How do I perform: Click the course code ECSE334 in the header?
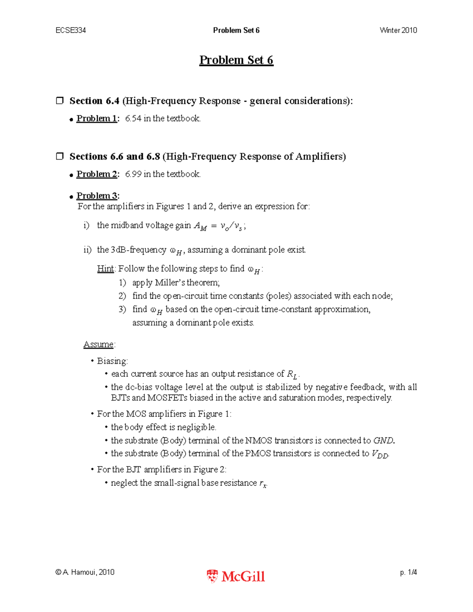point(71,30)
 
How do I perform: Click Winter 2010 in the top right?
point(398,30)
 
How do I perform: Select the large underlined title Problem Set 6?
point(236,60)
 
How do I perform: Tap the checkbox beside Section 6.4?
point(60,100)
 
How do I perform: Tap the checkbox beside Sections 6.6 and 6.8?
point(60,156)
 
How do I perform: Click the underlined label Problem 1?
point(97,118)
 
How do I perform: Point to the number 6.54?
point(133,118)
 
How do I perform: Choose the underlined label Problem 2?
point(97,174)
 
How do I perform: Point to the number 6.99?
point(133,174)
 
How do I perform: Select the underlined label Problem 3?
point(97,195)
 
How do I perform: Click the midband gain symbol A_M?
point(200,226)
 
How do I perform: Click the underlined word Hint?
point(105,269)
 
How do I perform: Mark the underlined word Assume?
point(99,344)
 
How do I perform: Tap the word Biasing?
point(112,361)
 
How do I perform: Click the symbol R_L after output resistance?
point(292,374)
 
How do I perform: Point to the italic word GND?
point(383,440)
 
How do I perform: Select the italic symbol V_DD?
point(380,454)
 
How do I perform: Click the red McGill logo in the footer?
point(236,576)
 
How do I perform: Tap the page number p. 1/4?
point(408,572)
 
